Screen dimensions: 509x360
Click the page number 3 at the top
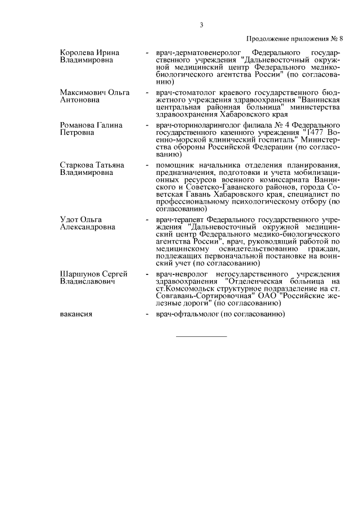[x=201, y=25]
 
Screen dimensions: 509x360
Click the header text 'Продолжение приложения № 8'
[x=294, y=38]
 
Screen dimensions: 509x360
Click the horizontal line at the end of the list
[x=202, y=336]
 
